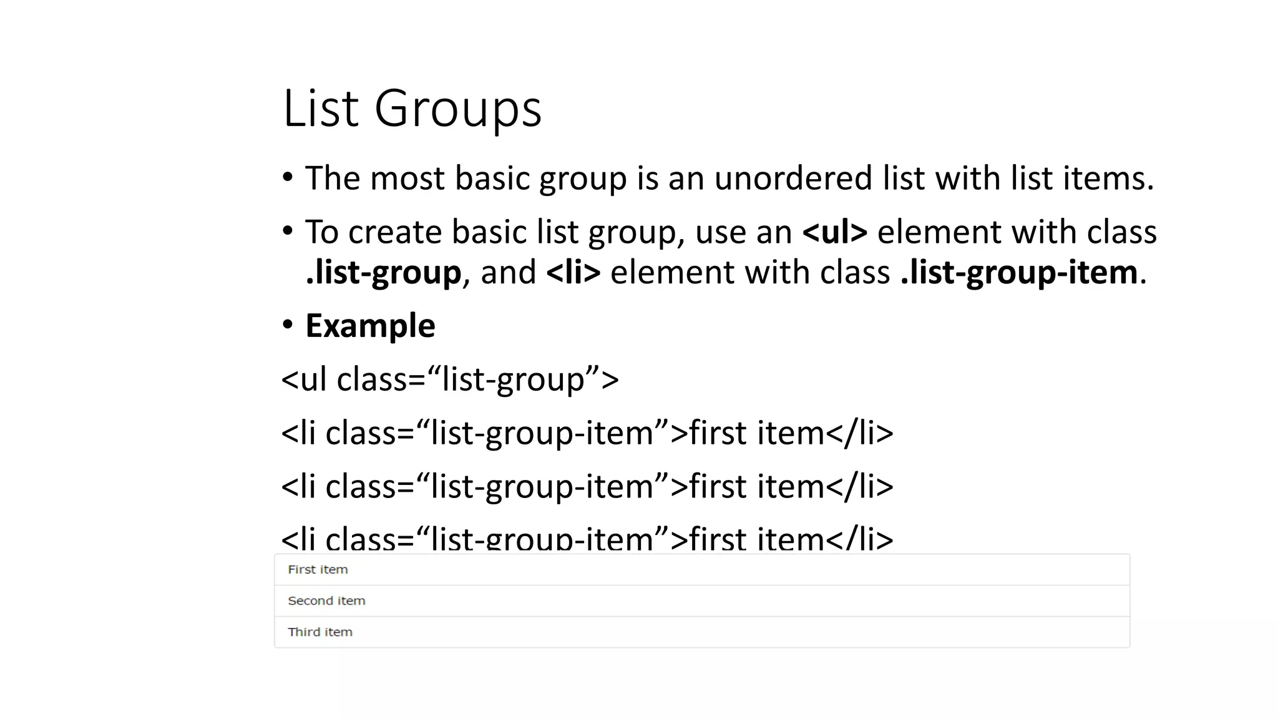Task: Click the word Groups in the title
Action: [x=457, y=109]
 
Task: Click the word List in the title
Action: [x=321, y=109]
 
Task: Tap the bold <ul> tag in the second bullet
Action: [x=834, y=232]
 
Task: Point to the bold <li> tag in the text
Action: [x=573, y=273]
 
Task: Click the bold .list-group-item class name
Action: [x=1019, y=273]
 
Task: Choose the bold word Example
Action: [x=370, y=326]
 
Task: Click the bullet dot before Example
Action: [x=287, y=325]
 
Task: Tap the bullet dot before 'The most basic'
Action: [x=287, y=178]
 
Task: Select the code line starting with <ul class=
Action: [x=450, y=379]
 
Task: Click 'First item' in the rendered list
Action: [x=318, y=570]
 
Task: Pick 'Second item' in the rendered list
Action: [x=326, y=601]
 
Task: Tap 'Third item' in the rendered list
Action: [x=320, y=632]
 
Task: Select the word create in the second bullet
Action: [x=394, y=232]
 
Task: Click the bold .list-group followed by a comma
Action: [x=383, y=273]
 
